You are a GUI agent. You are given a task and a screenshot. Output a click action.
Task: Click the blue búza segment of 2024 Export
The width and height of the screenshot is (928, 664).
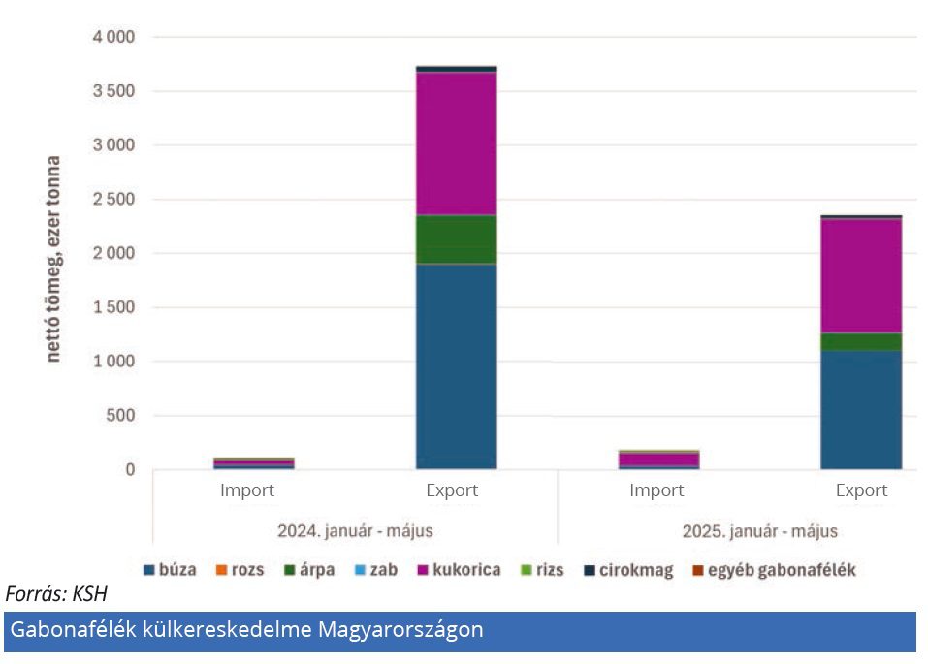pos(456,366)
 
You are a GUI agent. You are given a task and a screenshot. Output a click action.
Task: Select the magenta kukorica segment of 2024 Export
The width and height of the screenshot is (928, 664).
pos(456,143)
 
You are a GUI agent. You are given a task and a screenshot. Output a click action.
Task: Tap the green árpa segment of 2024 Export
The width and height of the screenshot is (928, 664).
pos(456,239)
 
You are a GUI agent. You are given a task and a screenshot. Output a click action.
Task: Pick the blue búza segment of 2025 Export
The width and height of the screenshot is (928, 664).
pos(861,410)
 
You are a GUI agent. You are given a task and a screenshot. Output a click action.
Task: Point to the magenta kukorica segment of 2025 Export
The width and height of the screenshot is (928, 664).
pos(861,276)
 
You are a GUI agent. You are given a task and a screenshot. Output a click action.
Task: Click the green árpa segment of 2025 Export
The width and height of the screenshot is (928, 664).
pos(861,342)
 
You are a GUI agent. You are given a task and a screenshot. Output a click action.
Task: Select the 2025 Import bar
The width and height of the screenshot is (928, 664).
pos(657,459)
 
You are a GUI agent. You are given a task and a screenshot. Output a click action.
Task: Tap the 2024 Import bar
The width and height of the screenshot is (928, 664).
pos(253,463)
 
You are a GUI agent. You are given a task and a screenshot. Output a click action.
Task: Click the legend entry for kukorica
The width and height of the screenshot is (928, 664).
pos(458,570)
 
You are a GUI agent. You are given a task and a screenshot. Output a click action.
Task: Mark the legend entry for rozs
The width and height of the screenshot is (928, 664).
pos(240,570)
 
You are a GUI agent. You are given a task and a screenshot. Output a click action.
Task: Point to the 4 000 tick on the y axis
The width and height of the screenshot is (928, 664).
pos(114,37)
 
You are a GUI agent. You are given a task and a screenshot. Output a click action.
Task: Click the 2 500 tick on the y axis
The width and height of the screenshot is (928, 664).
pos(114,200)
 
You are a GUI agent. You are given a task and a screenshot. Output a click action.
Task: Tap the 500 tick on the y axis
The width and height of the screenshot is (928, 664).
pos(121,416)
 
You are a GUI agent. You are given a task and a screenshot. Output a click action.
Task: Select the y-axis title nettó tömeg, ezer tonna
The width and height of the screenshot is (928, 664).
pos(53,259)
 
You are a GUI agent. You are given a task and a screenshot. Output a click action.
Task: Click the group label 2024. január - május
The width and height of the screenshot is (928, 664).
pos(355,531)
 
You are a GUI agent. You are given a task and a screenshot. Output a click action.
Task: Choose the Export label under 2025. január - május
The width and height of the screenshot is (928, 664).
pos(861,491)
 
